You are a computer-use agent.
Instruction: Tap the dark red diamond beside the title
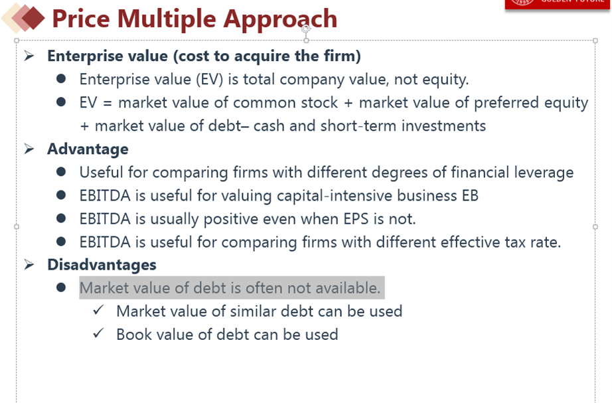(33, 18)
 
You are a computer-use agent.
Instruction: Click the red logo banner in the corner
(558, 4)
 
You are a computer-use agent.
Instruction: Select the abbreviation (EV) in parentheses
(210, 80)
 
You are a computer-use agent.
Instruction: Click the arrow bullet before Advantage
(29, 149)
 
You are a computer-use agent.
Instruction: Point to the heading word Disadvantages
(102, 265)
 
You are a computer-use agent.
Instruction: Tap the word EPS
(356, 219)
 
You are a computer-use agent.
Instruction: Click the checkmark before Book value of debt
(98, 333)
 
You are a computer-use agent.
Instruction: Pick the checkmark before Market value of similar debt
(98, 309)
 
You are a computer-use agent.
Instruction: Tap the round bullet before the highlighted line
(61, 287)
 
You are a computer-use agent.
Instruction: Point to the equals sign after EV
(108, 104)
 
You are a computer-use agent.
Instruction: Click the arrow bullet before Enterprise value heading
(29, 56)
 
